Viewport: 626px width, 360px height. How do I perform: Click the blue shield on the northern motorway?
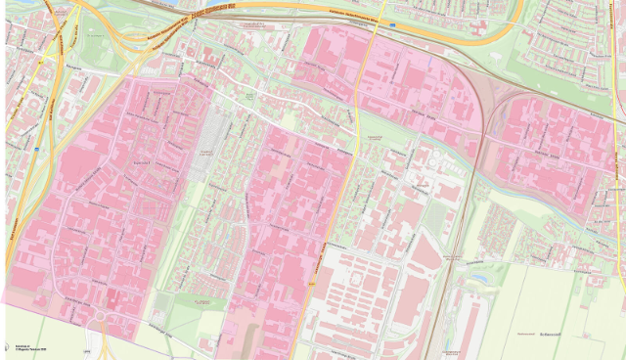tap(392, 24)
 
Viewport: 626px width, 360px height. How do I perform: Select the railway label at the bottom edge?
tap(449, 351)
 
